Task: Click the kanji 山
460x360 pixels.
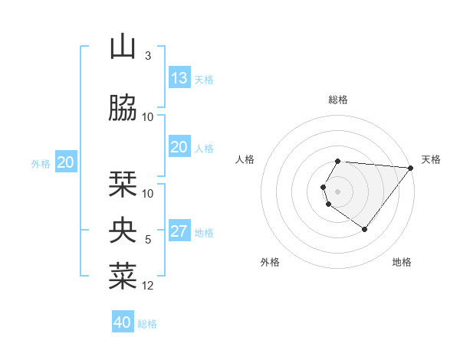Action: click(123, 47)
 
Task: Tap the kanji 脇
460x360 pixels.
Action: click(123, 109)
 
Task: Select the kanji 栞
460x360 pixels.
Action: click(123, 185)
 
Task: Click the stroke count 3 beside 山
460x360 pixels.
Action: click(148, 56)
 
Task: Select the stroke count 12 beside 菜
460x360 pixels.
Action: click(148, 286)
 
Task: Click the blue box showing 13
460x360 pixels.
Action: click(179, 78)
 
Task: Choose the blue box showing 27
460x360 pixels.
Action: click(179, 231)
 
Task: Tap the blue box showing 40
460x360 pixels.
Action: click(123, 322)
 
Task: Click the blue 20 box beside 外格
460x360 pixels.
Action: click(66, 162)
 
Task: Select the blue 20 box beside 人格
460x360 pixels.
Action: click(179, 147)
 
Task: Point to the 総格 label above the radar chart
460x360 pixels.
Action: click(338, 100)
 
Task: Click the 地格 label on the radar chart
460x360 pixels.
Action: click(402, 262)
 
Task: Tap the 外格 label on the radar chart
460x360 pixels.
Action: click(270, 262)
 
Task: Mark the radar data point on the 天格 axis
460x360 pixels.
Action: click(412, 168)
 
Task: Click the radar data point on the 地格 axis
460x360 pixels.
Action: click(364, 229)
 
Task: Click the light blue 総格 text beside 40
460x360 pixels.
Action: click(147, 324)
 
